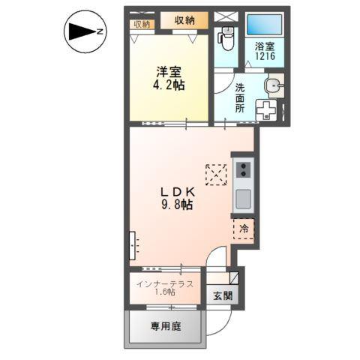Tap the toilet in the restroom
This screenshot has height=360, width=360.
click(x=226, y=38)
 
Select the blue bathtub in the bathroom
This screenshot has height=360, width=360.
click(x=265, y=25)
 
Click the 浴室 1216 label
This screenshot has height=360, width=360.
click(x=265, y=51)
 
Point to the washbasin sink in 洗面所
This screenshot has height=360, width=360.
click(x=274, y=85)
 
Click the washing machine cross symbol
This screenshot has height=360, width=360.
click(x=266, y=110)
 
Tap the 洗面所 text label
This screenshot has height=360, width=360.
click(x=240, y=98)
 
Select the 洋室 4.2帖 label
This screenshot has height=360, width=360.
click(x=169, y=79)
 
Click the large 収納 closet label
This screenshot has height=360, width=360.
click(x=184, y=20)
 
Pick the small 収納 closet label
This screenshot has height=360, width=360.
click(x=142, y=24)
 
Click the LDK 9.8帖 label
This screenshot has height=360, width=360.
click(x=177, y=199)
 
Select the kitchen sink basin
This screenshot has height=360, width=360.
click(x=244, y=199)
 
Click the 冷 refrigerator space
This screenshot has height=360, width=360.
click(x=244, y=229)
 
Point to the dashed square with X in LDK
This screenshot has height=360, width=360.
click(x=216, y=175)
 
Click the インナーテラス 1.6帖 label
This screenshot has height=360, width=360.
click(x=165, y=288)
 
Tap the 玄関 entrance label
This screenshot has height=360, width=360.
click(x=223, y=296)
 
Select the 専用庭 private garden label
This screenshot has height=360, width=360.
click(x=166, y=326)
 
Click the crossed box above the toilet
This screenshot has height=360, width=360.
click(x=226, y=16)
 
